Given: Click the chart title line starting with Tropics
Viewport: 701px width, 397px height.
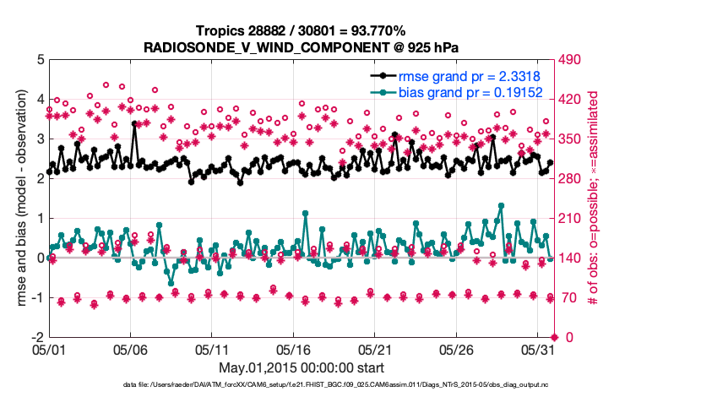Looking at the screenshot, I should pos(301,30).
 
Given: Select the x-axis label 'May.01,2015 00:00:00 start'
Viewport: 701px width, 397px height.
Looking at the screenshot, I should pos(302,367).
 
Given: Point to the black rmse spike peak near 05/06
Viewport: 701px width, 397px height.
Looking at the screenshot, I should pos(134,123).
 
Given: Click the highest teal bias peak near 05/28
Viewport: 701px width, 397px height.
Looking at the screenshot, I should pos(501,205).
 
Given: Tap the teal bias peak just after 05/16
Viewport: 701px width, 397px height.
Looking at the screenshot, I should pos(304,214).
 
